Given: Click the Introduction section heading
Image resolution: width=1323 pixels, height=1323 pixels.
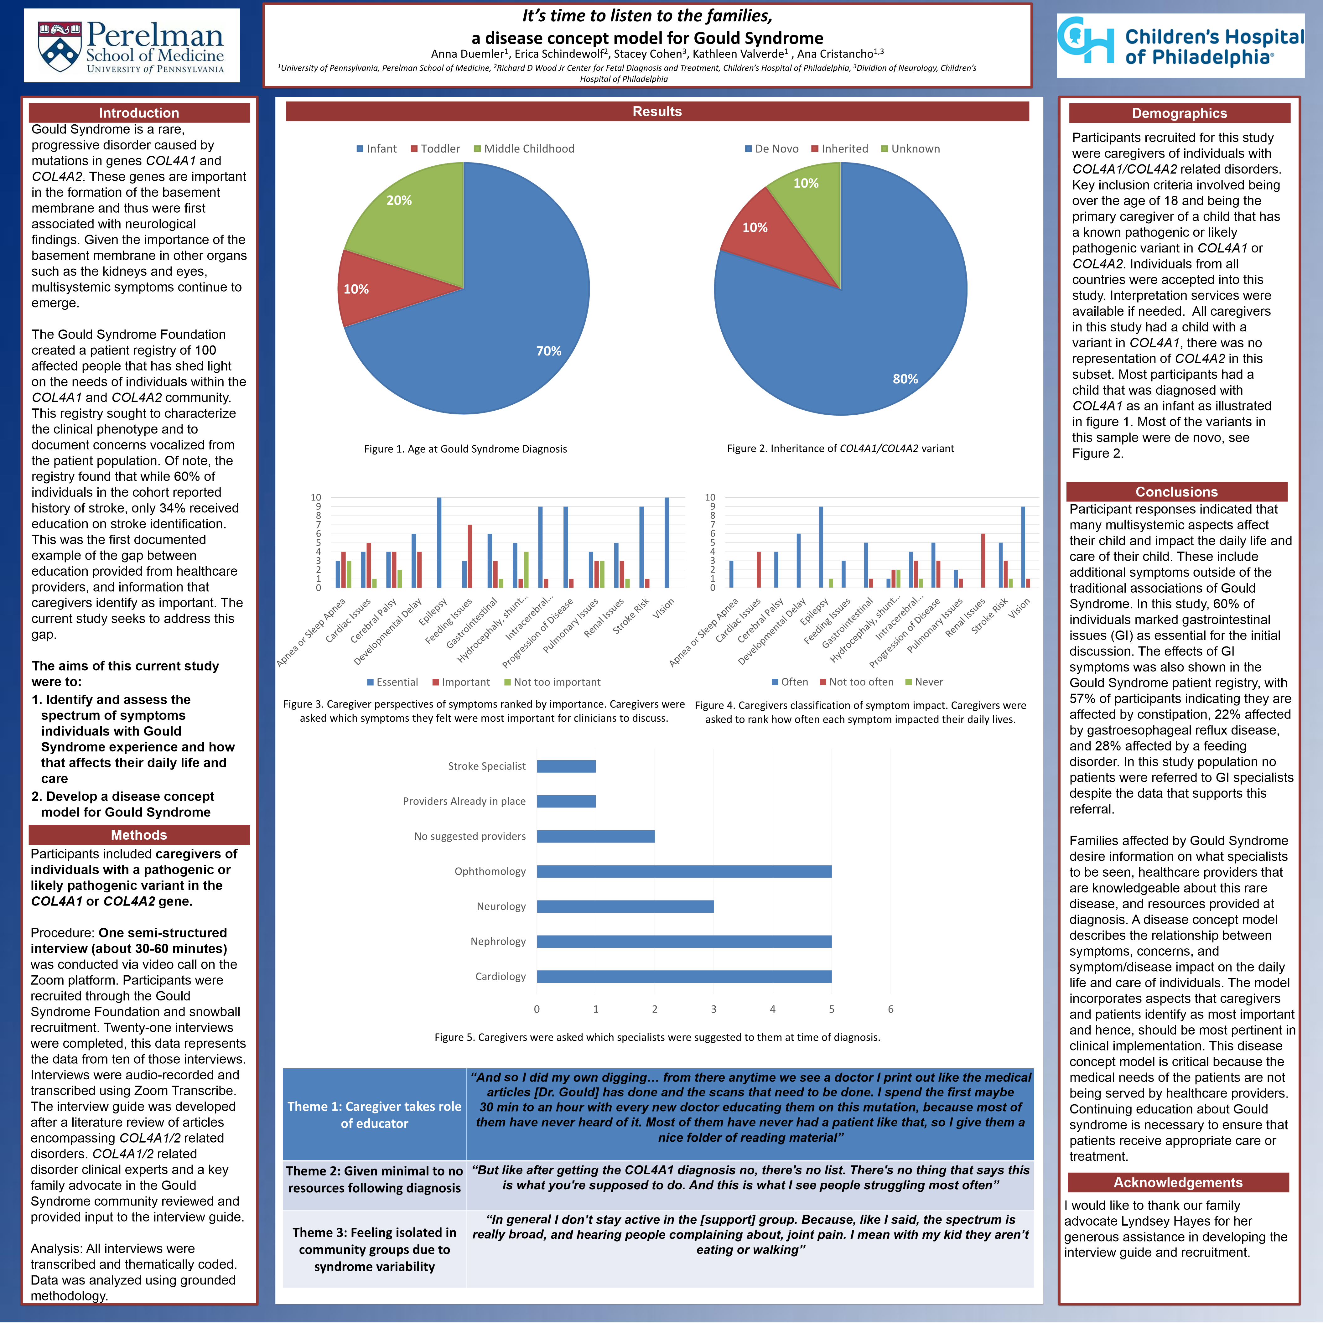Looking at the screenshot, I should [139, 113].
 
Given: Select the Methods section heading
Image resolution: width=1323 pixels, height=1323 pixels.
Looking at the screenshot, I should [139, 835].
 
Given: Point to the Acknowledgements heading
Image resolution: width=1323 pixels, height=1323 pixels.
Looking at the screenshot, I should [1178, 1183].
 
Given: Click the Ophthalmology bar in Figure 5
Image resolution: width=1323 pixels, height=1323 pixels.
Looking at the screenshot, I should [683, 871].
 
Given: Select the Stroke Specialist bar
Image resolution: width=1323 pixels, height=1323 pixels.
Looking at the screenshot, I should [566, 766].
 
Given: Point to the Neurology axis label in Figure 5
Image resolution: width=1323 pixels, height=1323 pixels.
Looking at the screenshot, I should [501, 907].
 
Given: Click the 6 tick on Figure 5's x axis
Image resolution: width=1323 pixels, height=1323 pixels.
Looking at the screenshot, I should [890, 1009].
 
